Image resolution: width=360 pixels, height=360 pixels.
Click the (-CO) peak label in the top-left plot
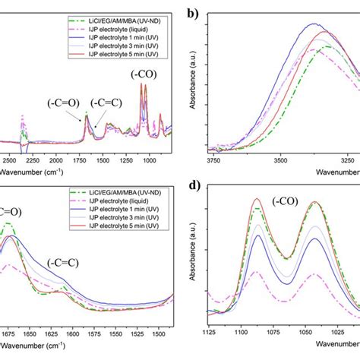tap(142, 75)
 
